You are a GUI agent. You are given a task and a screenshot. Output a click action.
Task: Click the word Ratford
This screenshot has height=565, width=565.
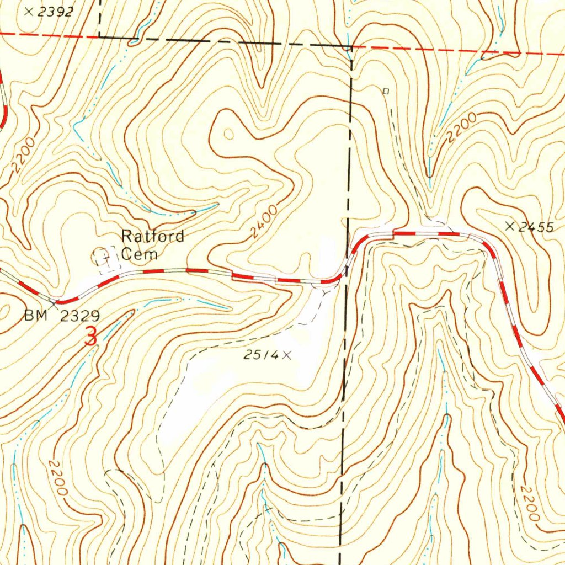(153, 237)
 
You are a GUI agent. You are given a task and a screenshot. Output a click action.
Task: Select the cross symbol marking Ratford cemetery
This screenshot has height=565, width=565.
(105, 257)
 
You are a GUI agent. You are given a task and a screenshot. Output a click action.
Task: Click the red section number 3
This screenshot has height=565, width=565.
(91, 336)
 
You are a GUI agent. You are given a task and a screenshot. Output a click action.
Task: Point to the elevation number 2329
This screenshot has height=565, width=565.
(81, 316)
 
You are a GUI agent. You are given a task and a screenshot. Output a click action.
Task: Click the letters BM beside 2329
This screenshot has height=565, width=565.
(36, 316)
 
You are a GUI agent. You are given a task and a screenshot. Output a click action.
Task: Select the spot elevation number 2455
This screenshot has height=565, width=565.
(536, 226)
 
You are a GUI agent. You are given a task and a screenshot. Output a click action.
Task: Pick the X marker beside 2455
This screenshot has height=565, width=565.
(509, 226)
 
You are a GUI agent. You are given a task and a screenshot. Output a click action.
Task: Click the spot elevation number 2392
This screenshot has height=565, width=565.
(55, 12)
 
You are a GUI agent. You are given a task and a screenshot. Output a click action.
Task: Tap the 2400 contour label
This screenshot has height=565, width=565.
(263, 224)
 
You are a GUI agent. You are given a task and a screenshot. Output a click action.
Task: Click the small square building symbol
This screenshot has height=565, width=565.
(386, 91)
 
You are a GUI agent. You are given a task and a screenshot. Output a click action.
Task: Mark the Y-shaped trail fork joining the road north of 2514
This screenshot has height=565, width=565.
(322, 291)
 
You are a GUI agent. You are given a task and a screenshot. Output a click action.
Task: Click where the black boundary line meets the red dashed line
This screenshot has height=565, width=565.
(351, 47)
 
